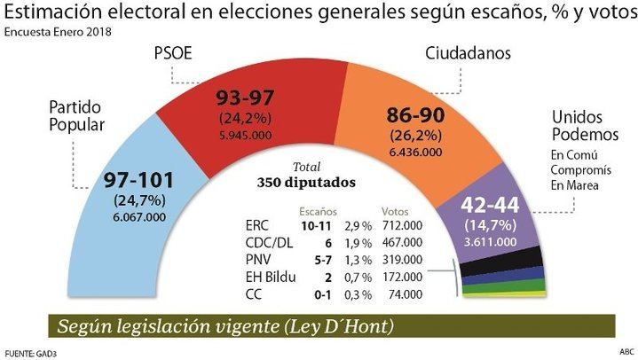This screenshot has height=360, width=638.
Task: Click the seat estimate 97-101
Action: click(138, 181)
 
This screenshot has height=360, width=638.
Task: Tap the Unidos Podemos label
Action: click(584, 125)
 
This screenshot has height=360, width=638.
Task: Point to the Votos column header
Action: click(395, 213)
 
